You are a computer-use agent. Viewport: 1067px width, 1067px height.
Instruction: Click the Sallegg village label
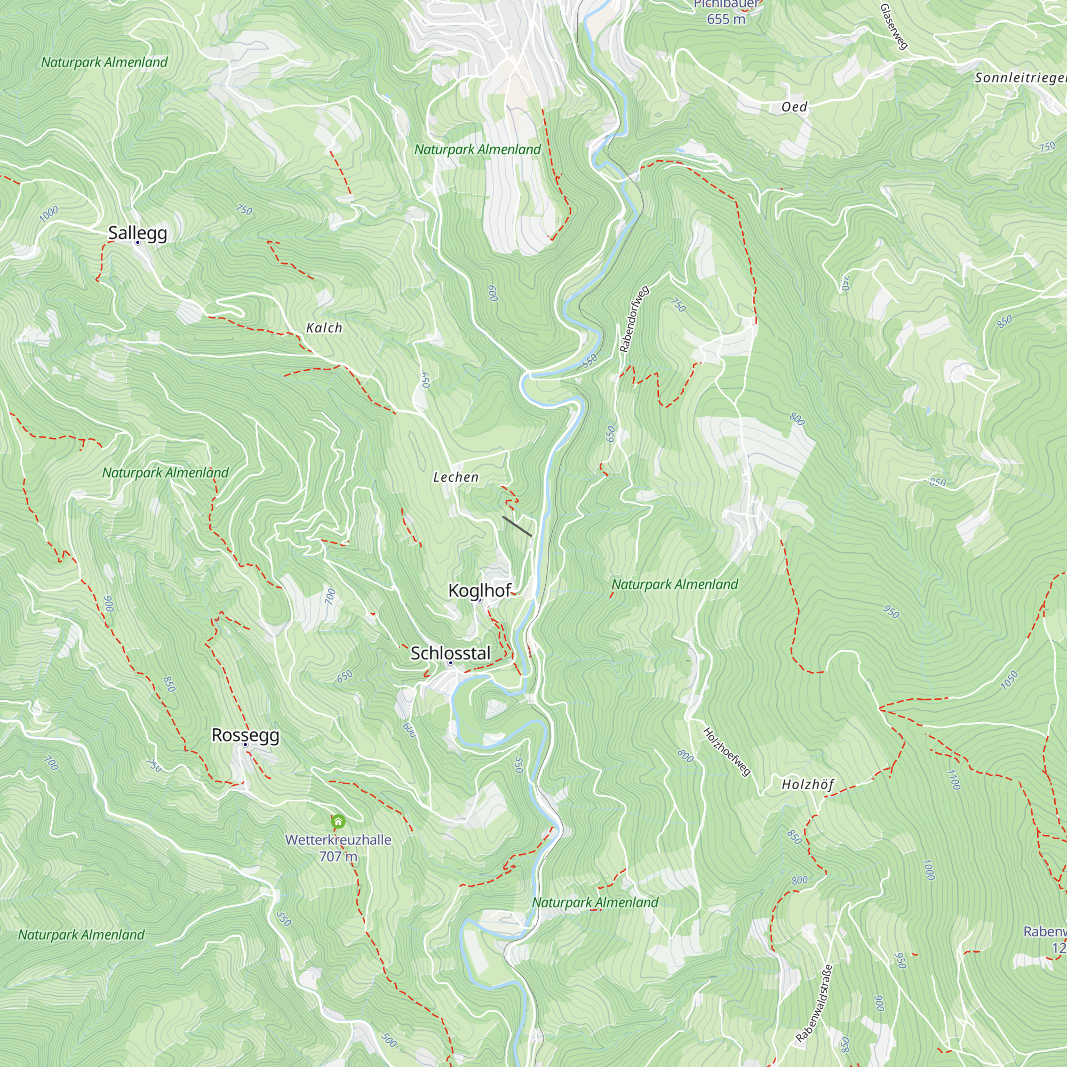click(138, 233)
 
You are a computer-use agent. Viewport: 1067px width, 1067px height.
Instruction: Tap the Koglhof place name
click(480, 591)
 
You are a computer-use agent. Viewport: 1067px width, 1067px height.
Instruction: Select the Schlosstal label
click(450, 653)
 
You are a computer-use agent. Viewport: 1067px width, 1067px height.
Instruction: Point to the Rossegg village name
click(245, 735)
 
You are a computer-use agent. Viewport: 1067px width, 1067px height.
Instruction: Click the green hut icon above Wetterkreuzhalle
click(338, 822)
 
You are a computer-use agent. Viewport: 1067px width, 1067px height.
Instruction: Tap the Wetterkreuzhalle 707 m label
click(338, 848)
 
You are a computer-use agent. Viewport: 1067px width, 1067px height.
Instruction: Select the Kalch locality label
click(324, 328)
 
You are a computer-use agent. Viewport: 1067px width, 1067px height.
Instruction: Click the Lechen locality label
click(456, 477)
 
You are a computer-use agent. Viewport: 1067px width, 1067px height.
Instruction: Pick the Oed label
click(794, 107)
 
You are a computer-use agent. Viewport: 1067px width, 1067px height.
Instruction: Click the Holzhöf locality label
click(807, 784)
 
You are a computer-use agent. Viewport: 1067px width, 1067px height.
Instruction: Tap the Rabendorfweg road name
click(634, 319)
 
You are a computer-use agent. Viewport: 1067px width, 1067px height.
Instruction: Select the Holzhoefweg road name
click(726, 752)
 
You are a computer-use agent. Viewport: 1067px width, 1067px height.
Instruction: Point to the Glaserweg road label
click(894, 27)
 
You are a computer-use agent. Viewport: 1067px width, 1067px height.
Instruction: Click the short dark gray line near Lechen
click(517, 527)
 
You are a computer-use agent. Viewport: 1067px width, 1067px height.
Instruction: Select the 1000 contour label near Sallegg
click(49, 214)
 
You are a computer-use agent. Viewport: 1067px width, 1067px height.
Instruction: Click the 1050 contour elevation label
click(1009, 680)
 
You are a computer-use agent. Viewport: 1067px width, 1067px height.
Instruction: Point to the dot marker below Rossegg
click(245, 744)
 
